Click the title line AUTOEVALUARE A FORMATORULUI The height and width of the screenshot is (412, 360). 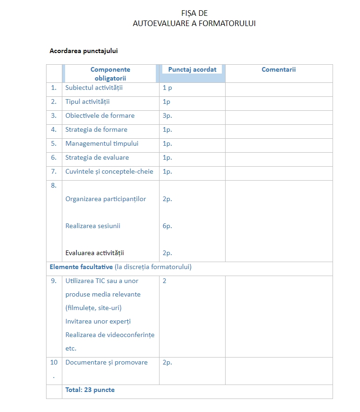[x=194, y=23]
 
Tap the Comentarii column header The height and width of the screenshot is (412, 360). [x=279, y=69]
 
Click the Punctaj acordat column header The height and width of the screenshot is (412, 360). [x=192, y=69]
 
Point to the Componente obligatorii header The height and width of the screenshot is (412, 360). [x=110, y=74]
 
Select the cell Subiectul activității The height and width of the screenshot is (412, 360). [x=94, y=88]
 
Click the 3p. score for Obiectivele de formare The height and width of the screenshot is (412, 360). [x=167, y=115]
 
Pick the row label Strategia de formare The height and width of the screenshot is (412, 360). [x=96, y=129]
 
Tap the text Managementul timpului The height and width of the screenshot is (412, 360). [x=102, y=143]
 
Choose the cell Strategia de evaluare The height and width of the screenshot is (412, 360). [x=97, y=157]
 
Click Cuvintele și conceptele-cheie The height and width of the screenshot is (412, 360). [x=109, y=171]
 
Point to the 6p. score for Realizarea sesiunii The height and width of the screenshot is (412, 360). [x=167, y=226]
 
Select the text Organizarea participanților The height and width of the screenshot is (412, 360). [x=106, y=199]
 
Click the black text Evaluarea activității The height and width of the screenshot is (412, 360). [x=95, y=253]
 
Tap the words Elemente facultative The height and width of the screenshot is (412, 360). [x=81, y=267]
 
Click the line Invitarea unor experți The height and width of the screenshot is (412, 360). [x=98, y=321]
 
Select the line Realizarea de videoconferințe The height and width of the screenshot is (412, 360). [x=110, y=335]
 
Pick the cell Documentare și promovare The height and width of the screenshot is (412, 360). [x=107, y=362]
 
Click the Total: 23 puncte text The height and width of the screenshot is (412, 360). [x=90, y=390]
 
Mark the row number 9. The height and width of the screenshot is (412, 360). [x=54, y=281]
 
